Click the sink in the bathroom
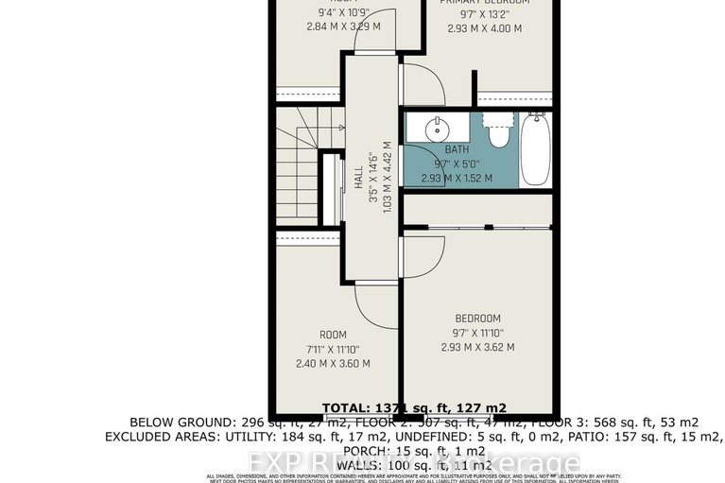(x=438, y=129)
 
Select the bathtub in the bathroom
(x=535, y=148)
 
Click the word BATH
(x=457, y=149)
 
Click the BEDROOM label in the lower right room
(x=477, y=319)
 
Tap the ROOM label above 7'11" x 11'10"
(x=333, y=335)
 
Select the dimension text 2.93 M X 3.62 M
(x=477, y=347)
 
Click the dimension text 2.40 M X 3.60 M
(x=333, y=363)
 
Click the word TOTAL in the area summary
(x=347, y=407)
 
